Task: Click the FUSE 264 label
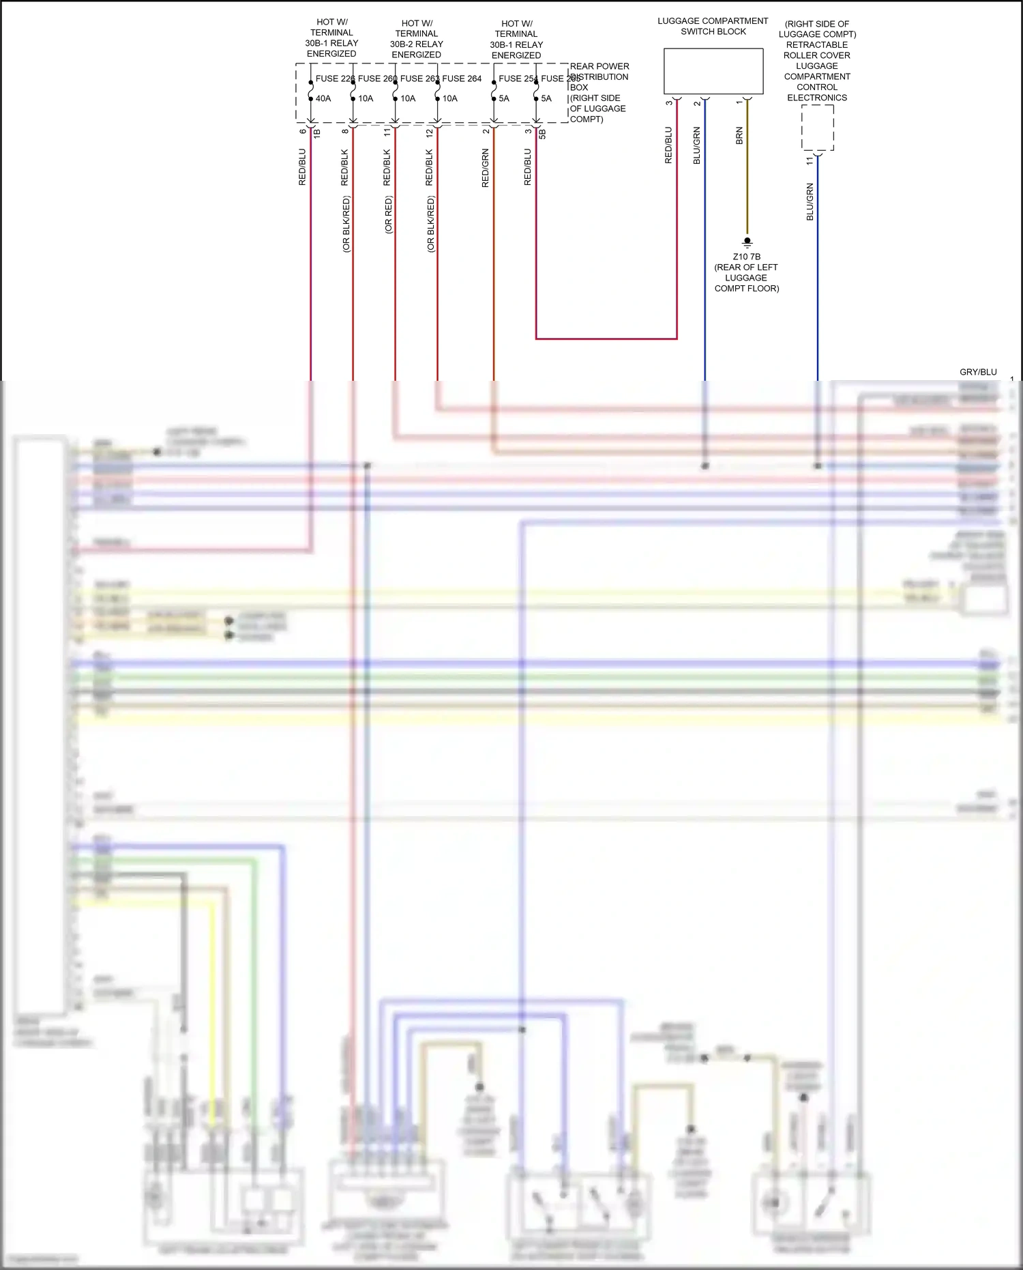(462, 78)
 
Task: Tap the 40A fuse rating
(323, 98)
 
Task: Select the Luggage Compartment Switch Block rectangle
(713, 71)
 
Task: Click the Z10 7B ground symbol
(747, 242)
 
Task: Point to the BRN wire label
(739, 136)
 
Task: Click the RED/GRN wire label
(486, 168)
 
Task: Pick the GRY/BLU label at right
(978, 372)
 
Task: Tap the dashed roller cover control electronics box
(817, 128)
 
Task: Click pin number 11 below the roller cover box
(810, 161)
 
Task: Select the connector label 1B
(317, 134)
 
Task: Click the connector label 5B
(543, 134)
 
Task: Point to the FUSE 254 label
(516, 78)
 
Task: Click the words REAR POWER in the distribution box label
(599, 66)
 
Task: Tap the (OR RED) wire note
(389, 215)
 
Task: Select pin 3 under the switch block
(669, 103)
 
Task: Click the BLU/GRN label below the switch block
(697, 145)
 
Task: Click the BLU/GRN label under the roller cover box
(810, 201)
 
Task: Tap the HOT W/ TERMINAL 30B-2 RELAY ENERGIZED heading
(417, 39)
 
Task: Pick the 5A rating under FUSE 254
(504, 98)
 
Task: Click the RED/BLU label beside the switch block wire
(668, 145)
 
